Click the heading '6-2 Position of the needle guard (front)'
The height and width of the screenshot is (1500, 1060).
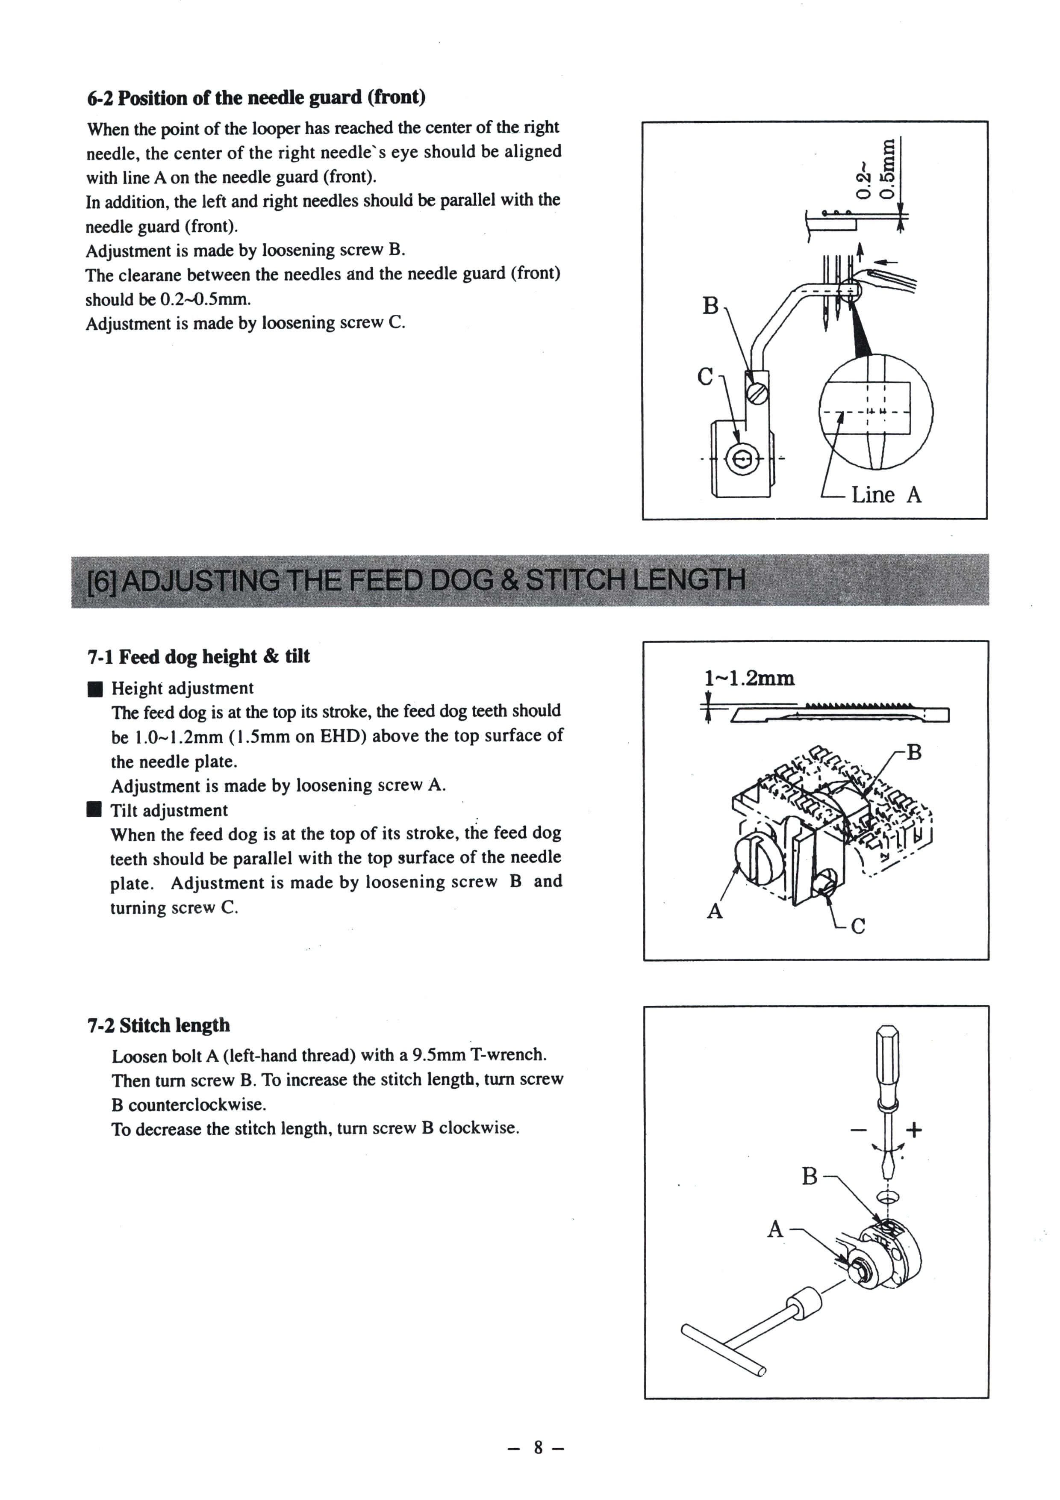(256, 97)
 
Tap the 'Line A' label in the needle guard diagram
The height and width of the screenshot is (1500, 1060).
(886, 495)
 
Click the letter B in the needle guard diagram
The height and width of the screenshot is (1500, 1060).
(710, 306)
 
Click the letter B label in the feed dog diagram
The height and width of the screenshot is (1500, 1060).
(914, 753)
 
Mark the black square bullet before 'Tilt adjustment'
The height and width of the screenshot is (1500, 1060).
(95, 811)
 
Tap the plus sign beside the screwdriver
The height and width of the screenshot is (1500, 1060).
(914, 1130)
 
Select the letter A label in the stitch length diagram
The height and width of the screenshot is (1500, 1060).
(775, 1229)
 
